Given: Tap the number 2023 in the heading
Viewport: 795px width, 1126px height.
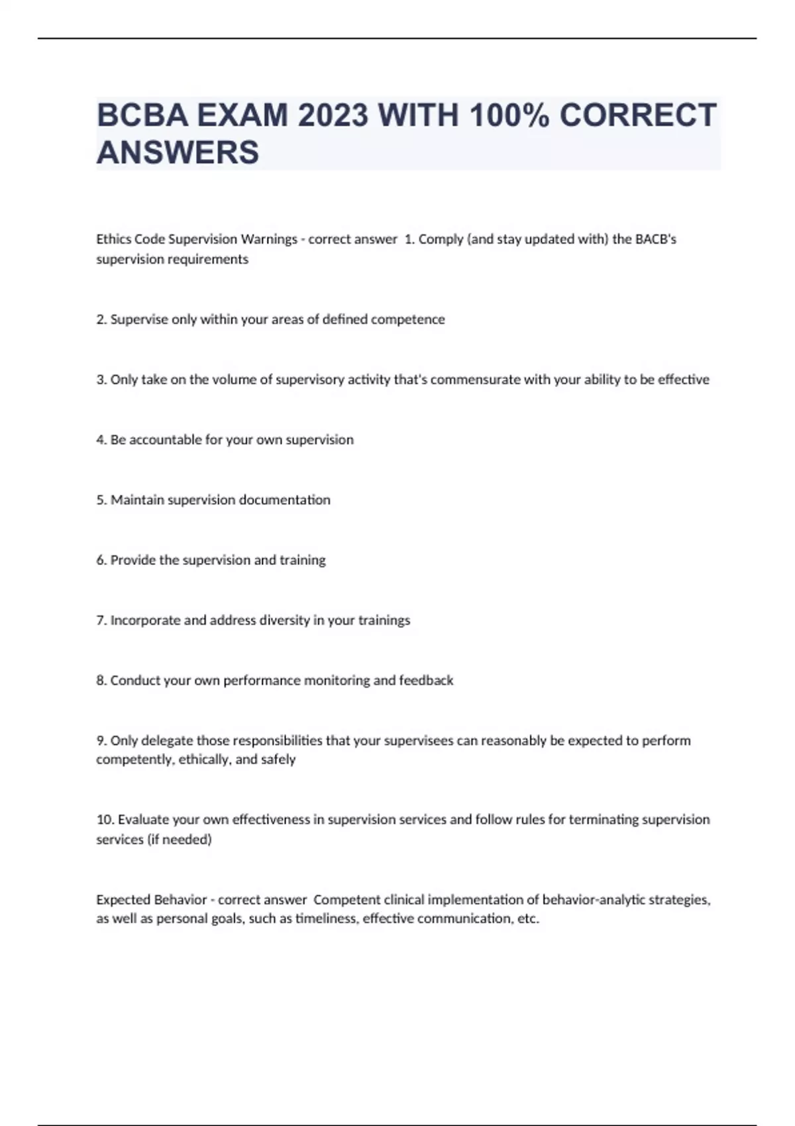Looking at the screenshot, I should [333, 115].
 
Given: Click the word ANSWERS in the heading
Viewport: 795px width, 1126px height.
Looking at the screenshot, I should [178, 152].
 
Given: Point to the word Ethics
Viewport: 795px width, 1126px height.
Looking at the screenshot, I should [113, 239].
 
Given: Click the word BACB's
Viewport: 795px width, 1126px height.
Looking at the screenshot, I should [656, 239].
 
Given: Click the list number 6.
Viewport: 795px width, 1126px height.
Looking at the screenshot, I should [101, 560].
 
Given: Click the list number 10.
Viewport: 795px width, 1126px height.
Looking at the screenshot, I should [105, 820].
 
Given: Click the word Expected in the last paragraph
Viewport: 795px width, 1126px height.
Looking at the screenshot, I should [123, 900].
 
